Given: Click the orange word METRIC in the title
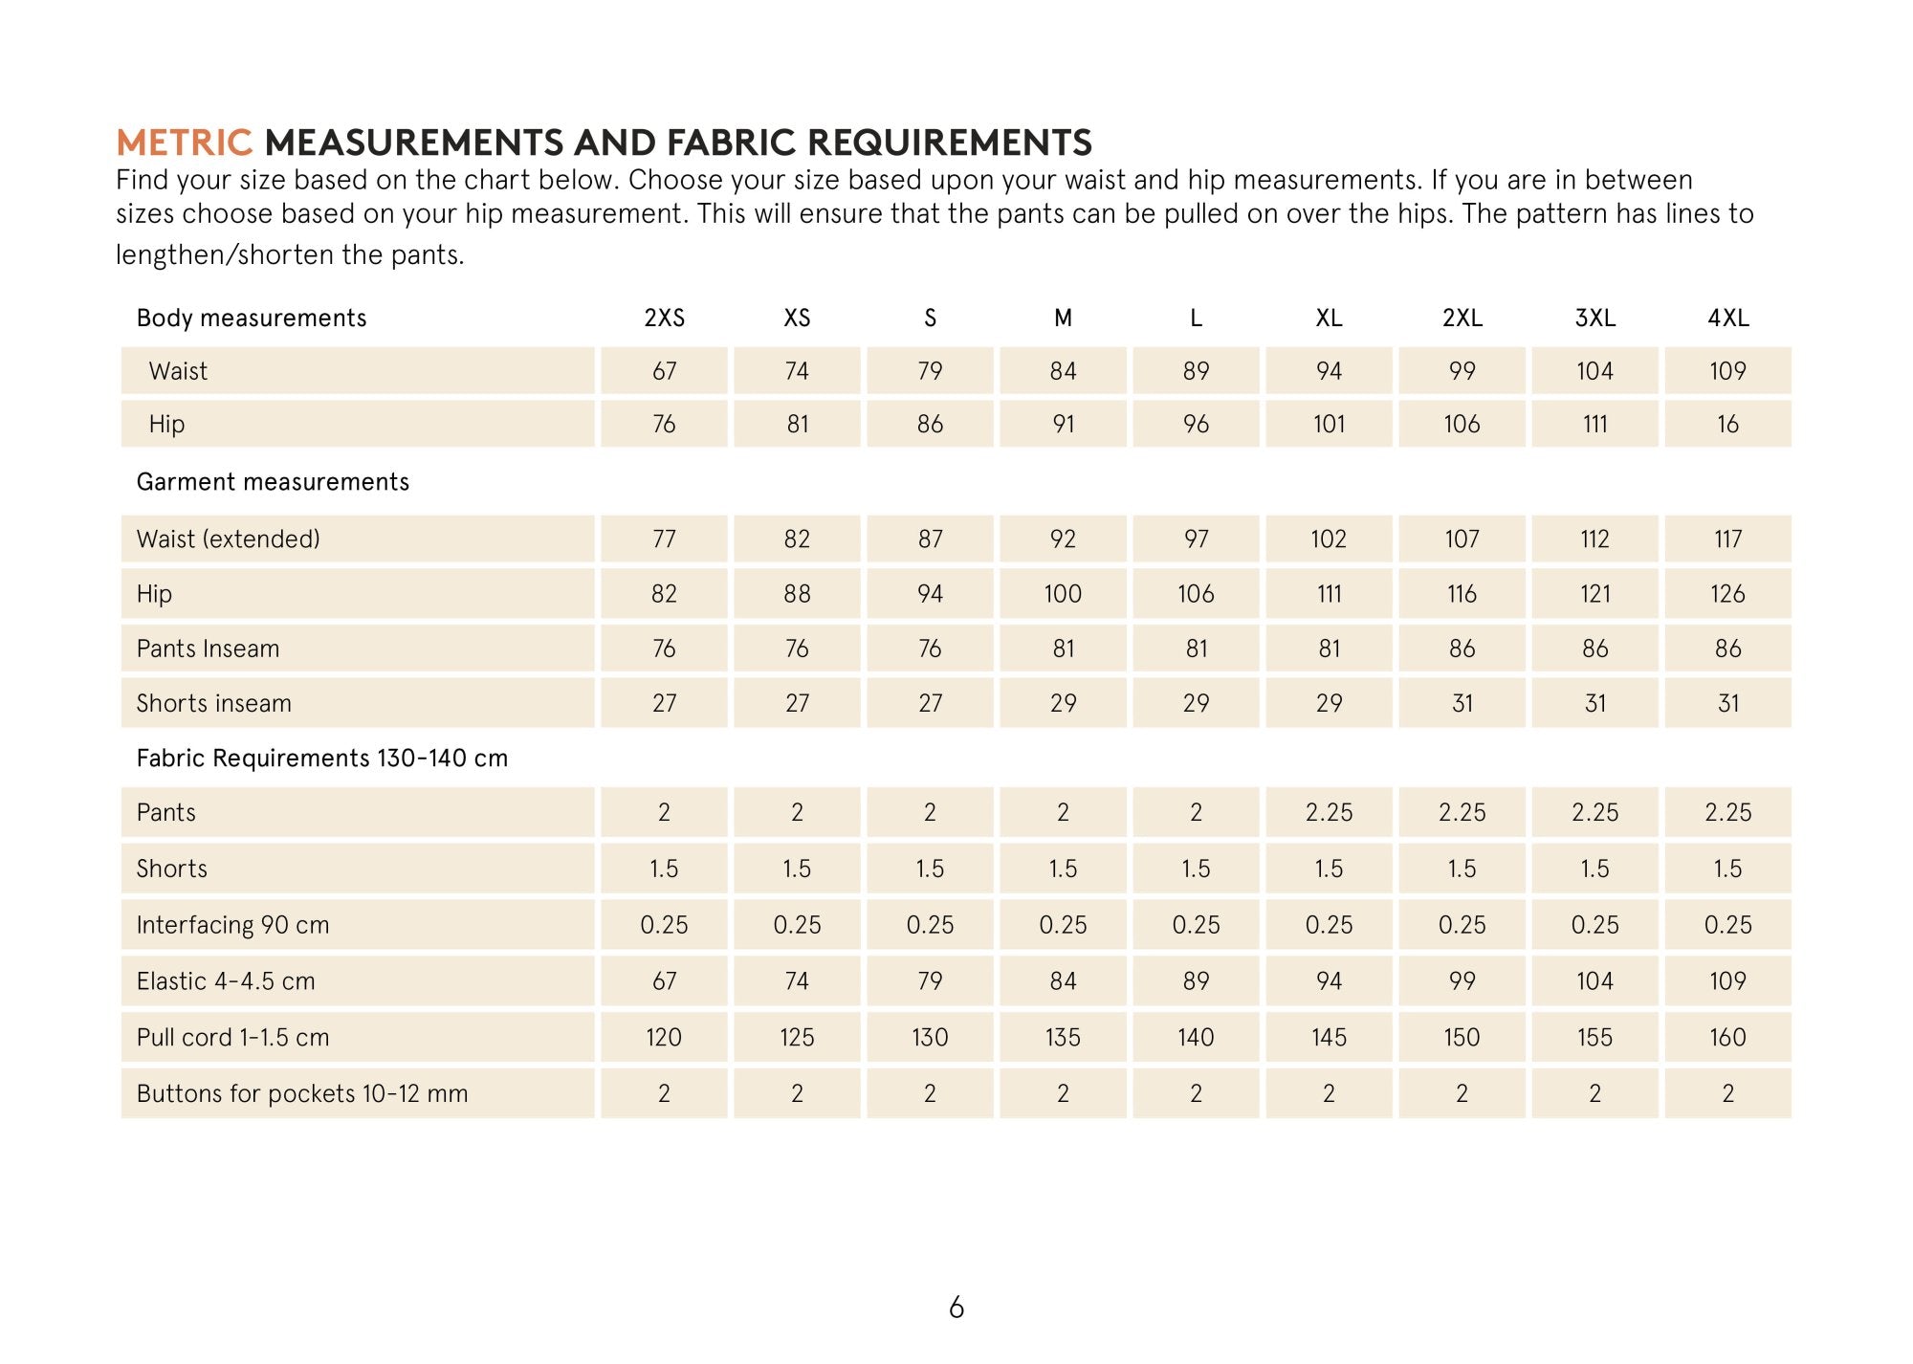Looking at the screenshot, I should click(184, 143).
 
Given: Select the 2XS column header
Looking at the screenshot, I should click(664, 318).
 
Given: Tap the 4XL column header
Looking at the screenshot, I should click(1727, 318).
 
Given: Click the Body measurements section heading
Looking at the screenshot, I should click(252, 318).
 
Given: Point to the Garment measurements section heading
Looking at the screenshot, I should click(273, 481).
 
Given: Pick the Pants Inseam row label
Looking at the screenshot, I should click(208, 649).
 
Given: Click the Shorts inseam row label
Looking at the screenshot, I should click(213, 703).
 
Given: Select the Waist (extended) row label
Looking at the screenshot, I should click(228, 539).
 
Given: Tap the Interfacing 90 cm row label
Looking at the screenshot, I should click(232, 925).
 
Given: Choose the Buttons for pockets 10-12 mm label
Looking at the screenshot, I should click(302, 1093).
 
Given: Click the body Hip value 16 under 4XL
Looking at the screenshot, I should click(1727, 424).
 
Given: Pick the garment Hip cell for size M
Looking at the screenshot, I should click(1063, 594).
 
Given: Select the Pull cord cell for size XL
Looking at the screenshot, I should click(1329, 1037).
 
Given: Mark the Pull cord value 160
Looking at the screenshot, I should click(1727, 1037).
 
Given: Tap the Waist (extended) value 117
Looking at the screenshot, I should click(1727, 539).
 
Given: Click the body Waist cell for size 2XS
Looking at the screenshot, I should click(664, 371).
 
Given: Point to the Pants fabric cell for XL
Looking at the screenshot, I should click(1329, 812).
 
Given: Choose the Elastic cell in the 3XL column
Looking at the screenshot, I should click(1594, 980).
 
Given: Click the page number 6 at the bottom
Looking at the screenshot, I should click(956, 1308).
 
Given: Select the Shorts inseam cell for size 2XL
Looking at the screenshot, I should click(1462, 703).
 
